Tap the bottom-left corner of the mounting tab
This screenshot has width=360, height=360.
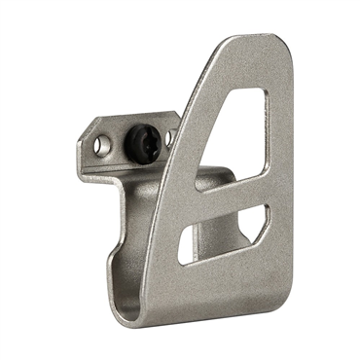(83, 178)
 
